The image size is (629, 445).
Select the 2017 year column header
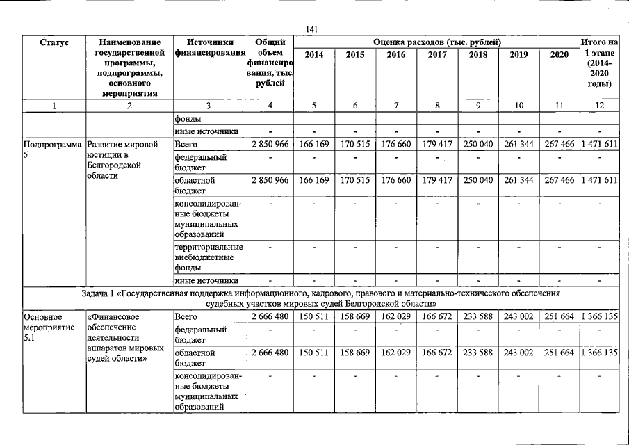point(437,54)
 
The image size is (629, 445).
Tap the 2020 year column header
point(559,54)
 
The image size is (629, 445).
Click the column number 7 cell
point(395,106)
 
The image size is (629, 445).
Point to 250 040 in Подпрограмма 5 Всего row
point(477,144)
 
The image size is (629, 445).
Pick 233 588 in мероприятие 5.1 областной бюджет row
point(477,353)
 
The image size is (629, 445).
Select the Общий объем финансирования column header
point(270,63)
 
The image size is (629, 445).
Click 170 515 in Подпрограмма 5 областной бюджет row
point(355,180)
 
